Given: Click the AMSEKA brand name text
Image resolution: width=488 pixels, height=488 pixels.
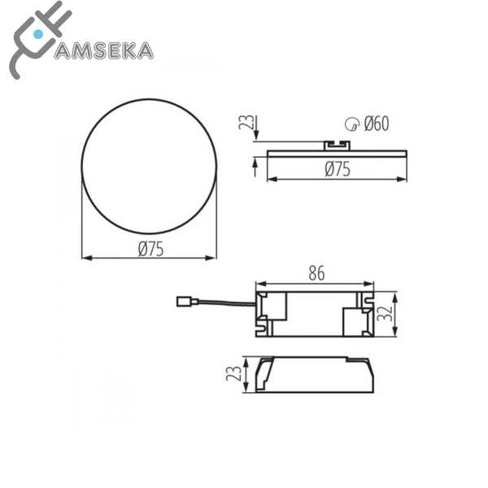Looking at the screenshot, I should [x=102, y=50].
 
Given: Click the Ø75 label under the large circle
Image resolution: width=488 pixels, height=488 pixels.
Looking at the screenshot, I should [x=150, y=250].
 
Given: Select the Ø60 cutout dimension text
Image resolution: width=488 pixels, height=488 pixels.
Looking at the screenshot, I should [x=376, y=124].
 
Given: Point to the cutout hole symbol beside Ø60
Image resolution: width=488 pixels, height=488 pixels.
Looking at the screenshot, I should [x=351, y=124].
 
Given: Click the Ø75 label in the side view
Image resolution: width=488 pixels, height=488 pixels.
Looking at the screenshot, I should [x=338, y=169].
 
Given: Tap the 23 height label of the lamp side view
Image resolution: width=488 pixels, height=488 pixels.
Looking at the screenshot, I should [x=242, y=124].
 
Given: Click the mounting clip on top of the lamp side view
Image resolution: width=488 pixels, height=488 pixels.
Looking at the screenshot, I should [x=337, y=145].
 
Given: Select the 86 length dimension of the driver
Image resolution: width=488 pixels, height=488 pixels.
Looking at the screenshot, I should [x=316, y=274].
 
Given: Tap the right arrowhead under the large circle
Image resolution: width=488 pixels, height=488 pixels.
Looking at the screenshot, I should [x=212, y=259].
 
